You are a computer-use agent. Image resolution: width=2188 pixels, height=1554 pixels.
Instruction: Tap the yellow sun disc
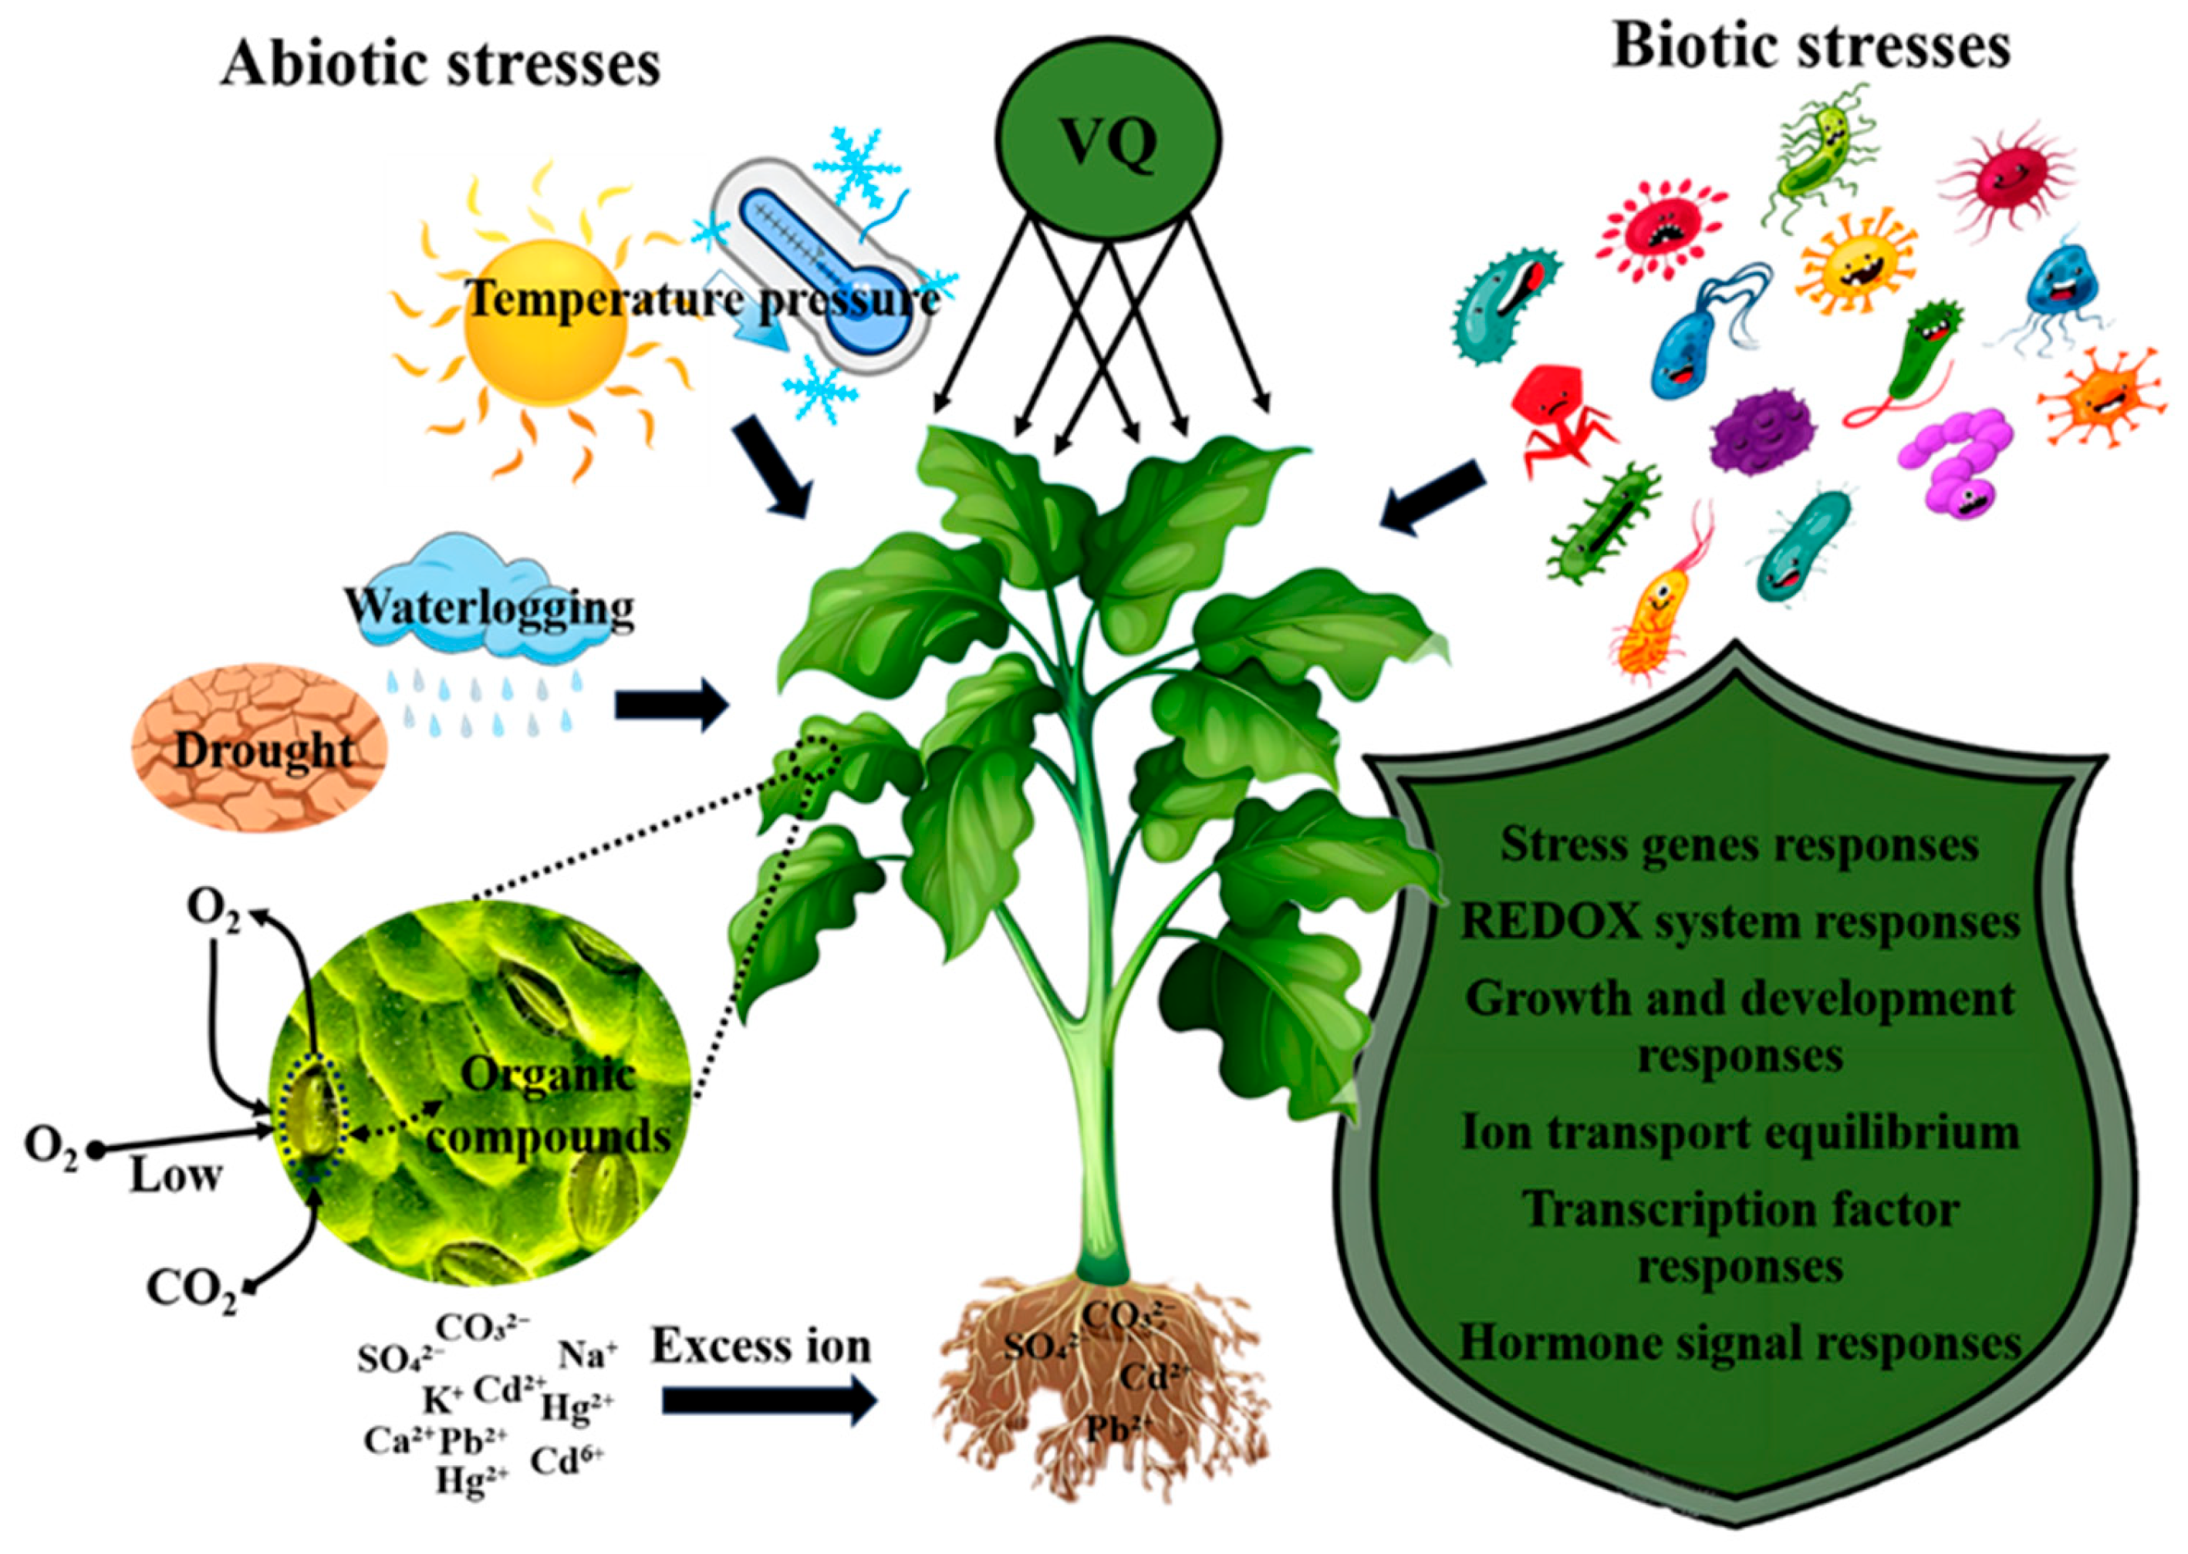click(545, 325)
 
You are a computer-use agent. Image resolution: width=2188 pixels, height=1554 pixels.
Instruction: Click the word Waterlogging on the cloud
click(489, 607)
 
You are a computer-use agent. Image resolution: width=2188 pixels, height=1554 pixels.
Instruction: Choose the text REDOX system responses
click(1739, 922)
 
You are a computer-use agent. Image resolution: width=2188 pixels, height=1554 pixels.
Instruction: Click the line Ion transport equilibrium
click(1739, 1133)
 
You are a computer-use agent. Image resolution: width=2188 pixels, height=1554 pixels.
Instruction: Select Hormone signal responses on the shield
click(1739, 1343)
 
